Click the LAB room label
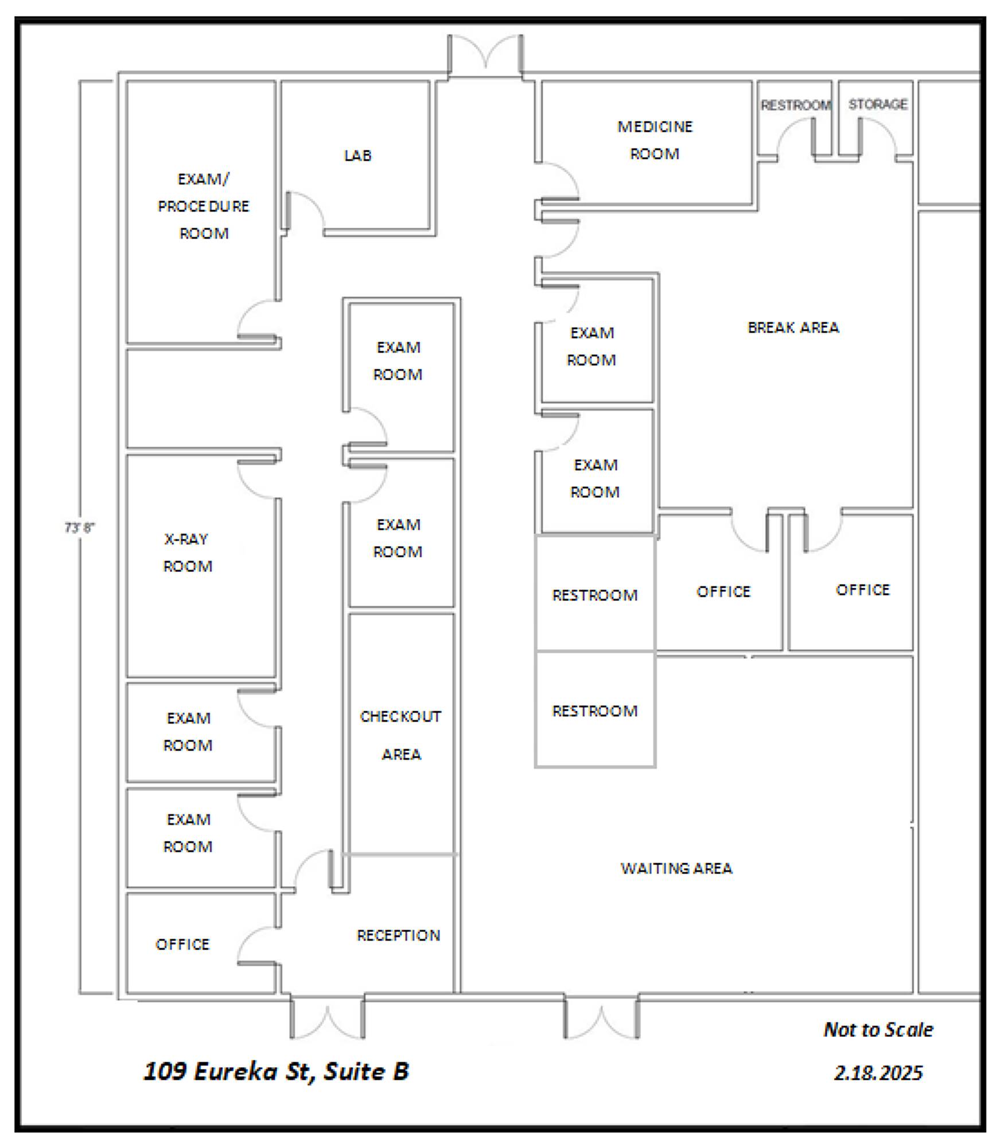(358, 155)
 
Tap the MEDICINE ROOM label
(655, 140)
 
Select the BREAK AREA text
(793, 327)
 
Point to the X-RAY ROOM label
(188, 552)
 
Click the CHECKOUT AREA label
(400, 735)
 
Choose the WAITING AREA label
(676, 868)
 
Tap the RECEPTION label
(399, 935)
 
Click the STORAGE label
(878, 104)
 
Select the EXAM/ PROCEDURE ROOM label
(204, 206)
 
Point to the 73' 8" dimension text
(79, 528)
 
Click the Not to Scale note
(878, 1029)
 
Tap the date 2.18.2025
(878, 1072)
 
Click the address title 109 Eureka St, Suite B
(276, 1071)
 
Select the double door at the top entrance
(485, 56)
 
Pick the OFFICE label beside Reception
(182, 945)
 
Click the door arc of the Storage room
(877, 136)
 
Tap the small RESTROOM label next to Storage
(796, 105)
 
